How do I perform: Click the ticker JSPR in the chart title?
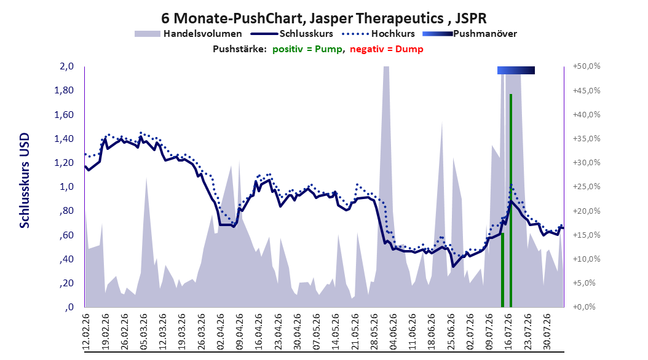pos(471,18)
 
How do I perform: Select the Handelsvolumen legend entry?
pos(189,34)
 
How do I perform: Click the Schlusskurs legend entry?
pos(292,34)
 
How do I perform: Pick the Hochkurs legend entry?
pos(379,34)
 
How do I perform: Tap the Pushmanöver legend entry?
pos(470,34)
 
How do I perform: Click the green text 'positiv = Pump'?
pos(307,49)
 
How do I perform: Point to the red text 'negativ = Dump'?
pos(387,49)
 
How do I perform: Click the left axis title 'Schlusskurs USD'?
pos(25,180)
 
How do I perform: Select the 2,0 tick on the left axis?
pos(66,66)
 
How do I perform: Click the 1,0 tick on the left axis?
pos(66,187)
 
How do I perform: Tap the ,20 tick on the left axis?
pos(66,283)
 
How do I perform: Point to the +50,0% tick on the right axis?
pos(586,66)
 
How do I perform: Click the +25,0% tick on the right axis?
pos(586,187)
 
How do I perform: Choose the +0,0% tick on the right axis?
pos(584,307)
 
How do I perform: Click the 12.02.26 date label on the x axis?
pos(86,332)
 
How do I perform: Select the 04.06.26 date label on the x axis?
pos(393,332)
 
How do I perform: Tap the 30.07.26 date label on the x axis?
pos(547,332)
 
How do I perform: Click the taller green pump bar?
pos(511,201)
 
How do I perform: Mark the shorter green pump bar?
pos(502,270)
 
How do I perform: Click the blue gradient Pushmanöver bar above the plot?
pos(516,70)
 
